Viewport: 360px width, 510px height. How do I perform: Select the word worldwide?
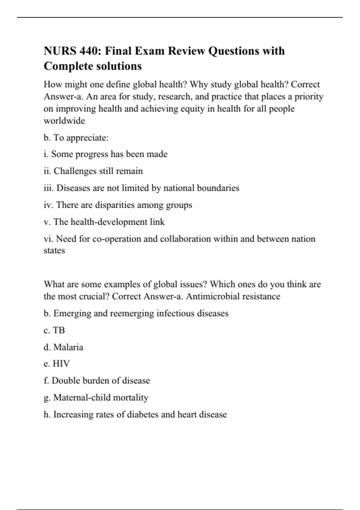click(64, 121)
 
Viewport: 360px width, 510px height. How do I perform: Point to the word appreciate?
click(87, 138)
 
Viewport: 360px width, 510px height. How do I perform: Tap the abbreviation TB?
click(59, 330)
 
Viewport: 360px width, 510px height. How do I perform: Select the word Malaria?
click(68, 347)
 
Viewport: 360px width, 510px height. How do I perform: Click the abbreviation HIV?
click(61, 364)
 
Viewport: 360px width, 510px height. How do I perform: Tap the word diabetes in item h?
click(142, 415)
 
